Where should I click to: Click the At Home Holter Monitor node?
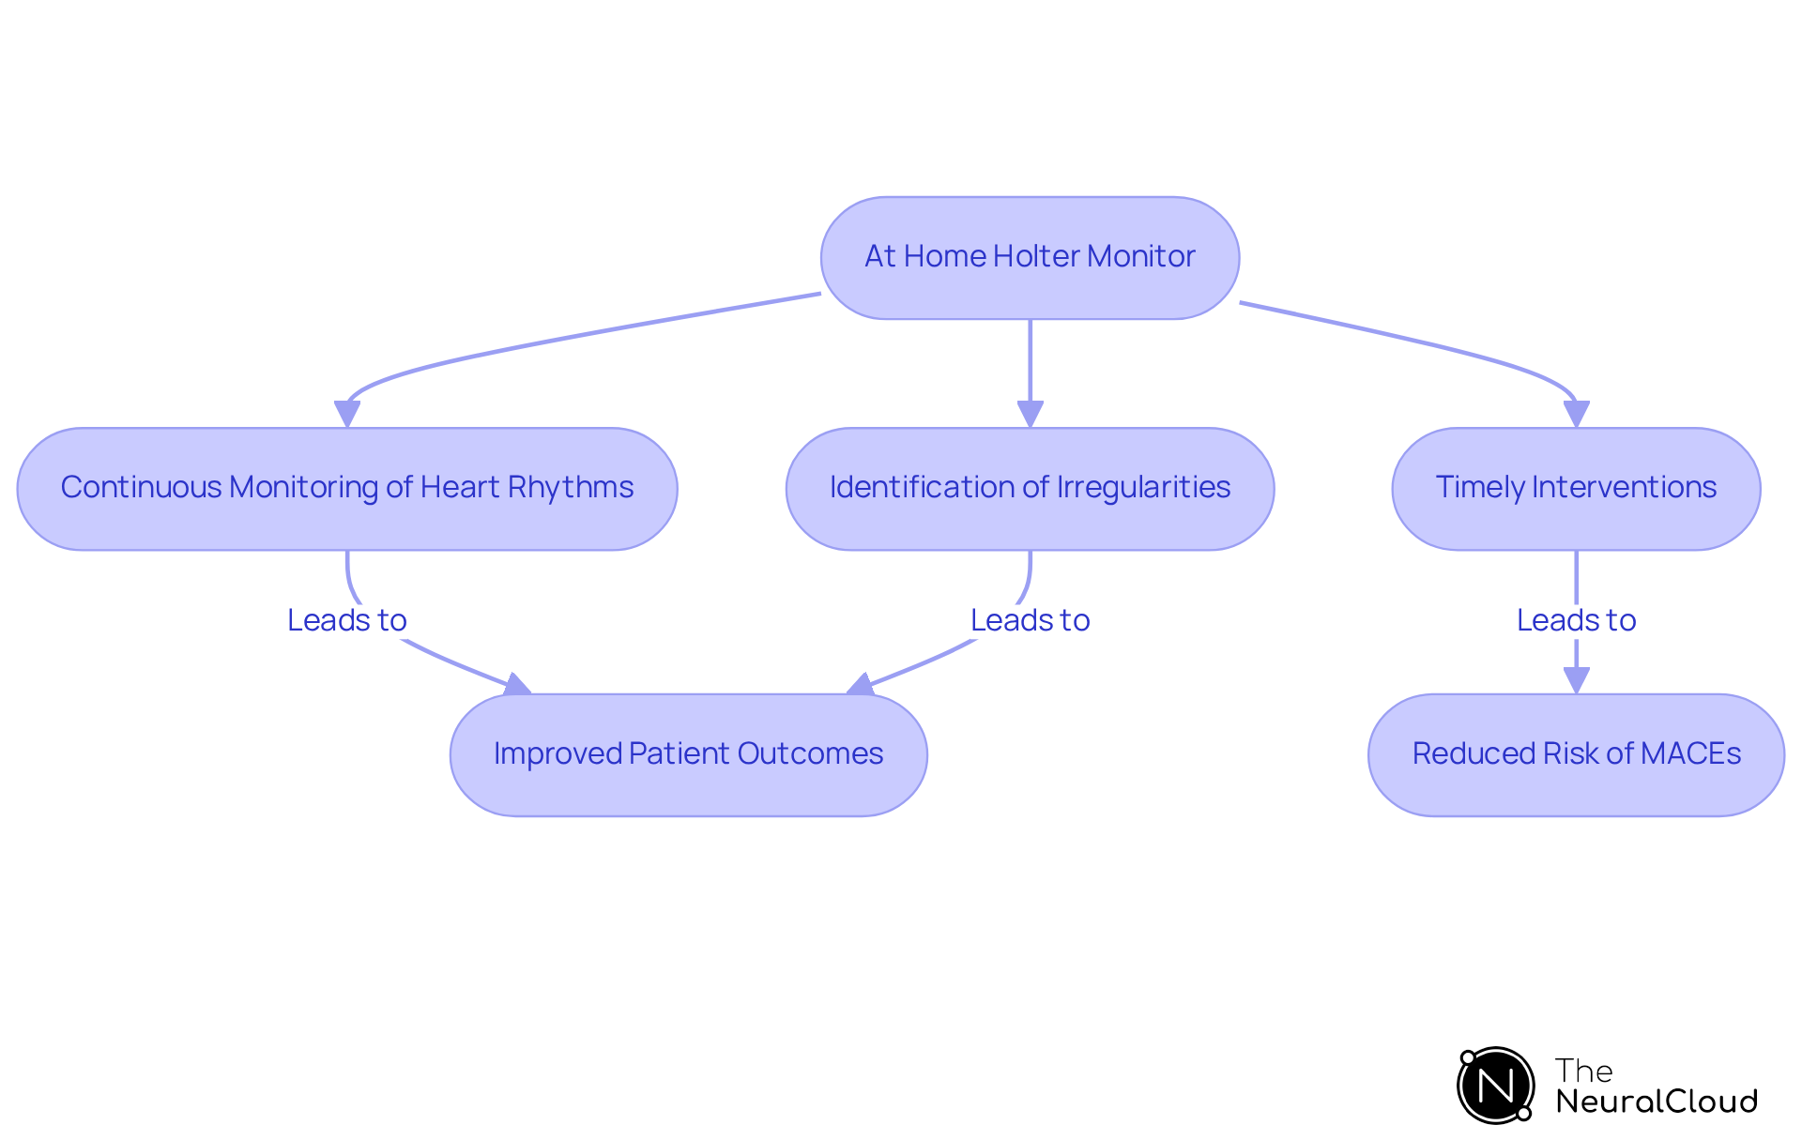point(1030,257)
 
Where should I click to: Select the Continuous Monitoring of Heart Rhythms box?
point(347,488)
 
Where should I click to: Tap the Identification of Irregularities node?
point(1030,488)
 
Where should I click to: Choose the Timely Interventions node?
point(1576,488)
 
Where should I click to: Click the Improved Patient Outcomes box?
point(688,754)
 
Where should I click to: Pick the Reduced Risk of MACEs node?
point(1576,754)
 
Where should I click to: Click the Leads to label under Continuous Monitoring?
point(347,620)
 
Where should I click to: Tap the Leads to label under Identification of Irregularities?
point(1030,620)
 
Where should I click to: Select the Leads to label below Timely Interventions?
point(1576,620)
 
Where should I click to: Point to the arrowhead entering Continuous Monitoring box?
point(347,414)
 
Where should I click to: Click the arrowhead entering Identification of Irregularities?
point(1030,414)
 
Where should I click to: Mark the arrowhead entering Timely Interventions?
point(1576,414)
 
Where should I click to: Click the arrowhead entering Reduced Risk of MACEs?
point(1576,680)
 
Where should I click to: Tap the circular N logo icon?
point(1495,1086)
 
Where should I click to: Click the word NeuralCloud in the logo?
point(1656,1102)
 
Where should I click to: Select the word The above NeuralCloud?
point(1583,1071)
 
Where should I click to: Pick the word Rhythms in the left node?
point(571,487)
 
